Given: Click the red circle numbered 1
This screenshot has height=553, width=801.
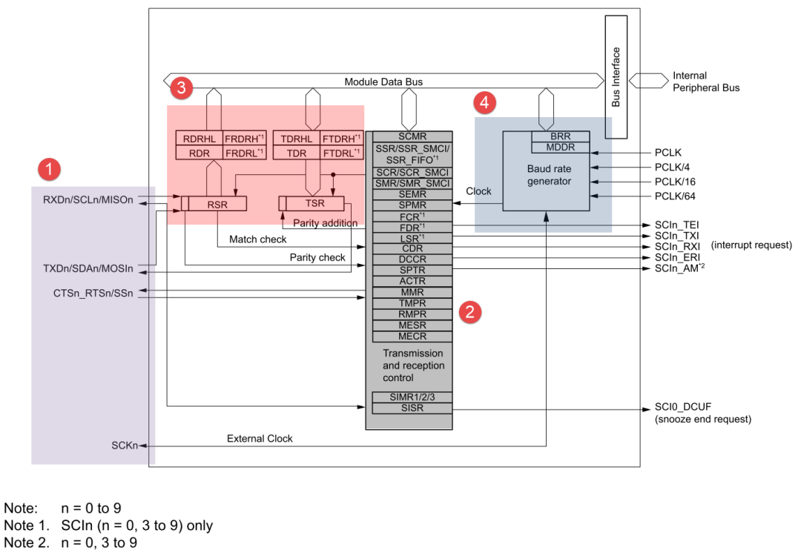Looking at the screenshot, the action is coord(49,169).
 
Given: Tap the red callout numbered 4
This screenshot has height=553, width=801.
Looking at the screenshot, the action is coord(484,102).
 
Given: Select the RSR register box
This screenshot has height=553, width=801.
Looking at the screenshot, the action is coord(214,204).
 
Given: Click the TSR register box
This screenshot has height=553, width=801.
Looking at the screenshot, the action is coord(311,203).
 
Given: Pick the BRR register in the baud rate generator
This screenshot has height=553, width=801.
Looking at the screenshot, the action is coord(561,136).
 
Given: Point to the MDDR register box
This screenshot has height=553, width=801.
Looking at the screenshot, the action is coord(561,148).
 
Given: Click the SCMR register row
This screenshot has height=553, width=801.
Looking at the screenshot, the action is coord(412,136).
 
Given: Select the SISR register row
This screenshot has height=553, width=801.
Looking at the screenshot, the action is coord(412,408).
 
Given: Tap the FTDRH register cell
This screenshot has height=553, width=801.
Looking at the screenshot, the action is coord(342,139).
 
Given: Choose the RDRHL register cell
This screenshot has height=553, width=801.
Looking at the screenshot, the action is coord(200,139).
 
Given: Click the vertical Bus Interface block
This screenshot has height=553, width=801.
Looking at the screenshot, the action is coord(616,76).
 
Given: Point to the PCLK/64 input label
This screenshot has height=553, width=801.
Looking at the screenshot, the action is coord(675,196).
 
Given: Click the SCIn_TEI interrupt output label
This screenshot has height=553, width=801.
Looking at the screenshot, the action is coord(677,225).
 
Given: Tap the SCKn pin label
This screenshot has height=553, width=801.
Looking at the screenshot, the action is coord(125,446).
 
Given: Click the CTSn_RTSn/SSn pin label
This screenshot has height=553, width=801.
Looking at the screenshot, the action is coord(93,293).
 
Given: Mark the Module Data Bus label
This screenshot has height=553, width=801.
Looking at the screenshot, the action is coord(383,82).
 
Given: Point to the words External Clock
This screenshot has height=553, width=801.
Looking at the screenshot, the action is coord(260,439).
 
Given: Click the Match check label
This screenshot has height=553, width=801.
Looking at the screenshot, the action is coord(257,239).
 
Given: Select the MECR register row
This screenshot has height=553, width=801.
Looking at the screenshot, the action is coord(412,337).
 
